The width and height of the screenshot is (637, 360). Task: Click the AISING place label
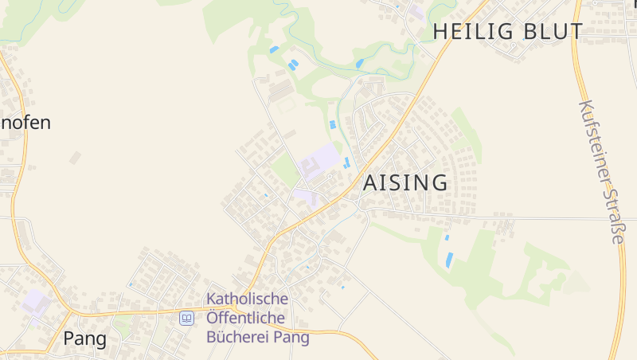click(405, 182)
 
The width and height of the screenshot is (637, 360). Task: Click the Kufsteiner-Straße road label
click(602, 171)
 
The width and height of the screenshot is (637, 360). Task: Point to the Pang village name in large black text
click(84, 338)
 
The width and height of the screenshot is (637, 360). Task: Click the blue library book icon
click(186, 318)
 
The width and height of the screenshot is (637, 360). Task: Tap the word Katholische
click(247, 299)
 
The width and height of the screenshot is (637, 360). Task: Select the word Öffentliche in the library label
click(246, 318)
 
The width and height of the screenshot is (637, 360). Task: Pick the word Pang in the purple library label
click(291, 336)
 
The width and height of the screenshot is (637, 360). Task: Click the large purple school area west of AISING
click(319, 161)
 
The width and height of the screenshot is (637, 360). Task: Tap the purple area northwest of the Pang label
click(34, 302)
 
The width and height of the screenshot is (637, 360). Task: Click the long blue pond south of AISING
click(450, 259)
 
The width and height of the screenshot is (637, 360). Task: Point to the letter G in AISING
click(440, 182)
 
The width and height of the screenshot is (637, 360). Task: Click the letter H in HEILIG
click(440, 32)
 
